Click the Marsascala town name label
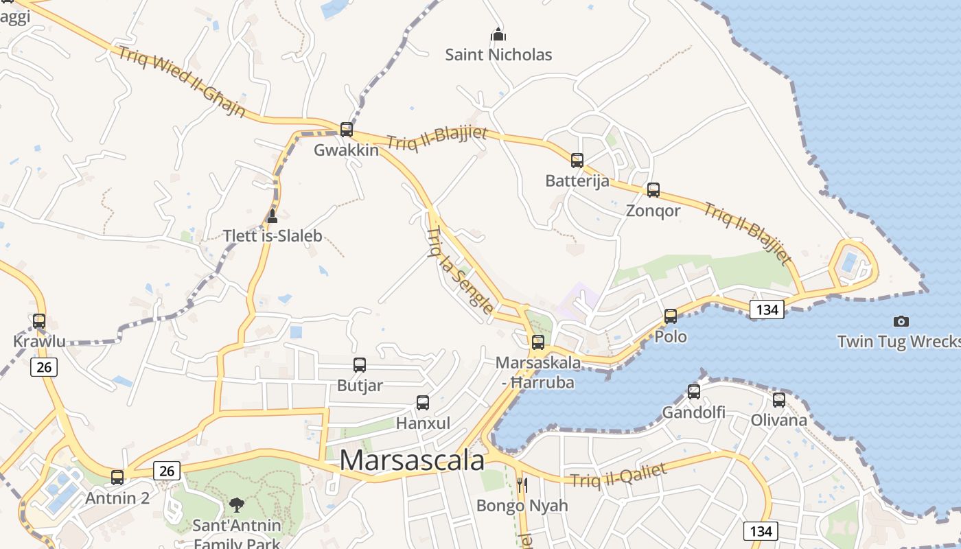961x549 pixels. pyautogui.click(x=412, y=460)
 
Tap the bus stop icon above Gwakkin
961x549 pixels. pyautogui.click(x=347, y=129)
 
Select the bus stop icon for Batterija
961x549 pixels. pyautogui.click(x=577, y=160)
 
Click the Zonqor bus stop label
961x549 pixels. pyautogui.click(x=653, y=211)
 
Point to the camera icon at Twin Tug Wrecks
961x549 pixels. pyautogui.click(x=901, y=320)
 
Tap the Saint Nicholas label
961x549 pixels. pyautogui.click(x=498, y=55)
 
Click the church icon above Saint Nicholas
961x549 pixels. pyautogui.click(x=498, y=34)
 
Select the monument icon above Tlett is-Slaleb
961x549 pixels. pyautogui.click(x=272, y=217)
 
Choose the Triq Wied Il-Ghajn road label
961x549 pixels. pyautogui.click(x=182, y=82)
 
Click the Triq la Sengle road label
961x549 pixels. pyautogui.click(x=459, y=270)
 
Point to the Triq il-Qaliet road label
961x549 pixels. pyautogui.click(x=618, y=475)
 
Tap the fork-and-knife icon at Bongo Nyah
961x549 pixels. pyautogui.click(x=522, y=485)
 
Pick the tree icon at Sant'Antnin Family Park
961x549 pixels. pyautogui.click(x=237, y=505)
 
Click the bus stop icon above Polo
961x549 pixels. pyautogui.click(x=671, y=316)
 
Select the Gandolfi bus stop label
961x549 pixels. pyautogui.click(x=693, y=412)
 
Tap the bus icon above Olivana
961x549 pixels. pyautogui.click(x=778, y=399)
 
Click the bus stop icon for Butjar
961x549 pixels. pyautogui.click(x=360, y=364)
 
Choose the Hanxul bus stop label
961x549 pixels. pyautogui.click(x=423, y=423)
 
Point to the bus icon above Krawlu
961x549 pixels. pyautogui.click(x=39, y=320)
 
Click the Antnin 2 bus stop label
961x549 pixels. pyautogui.click(x=117, y=498)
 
